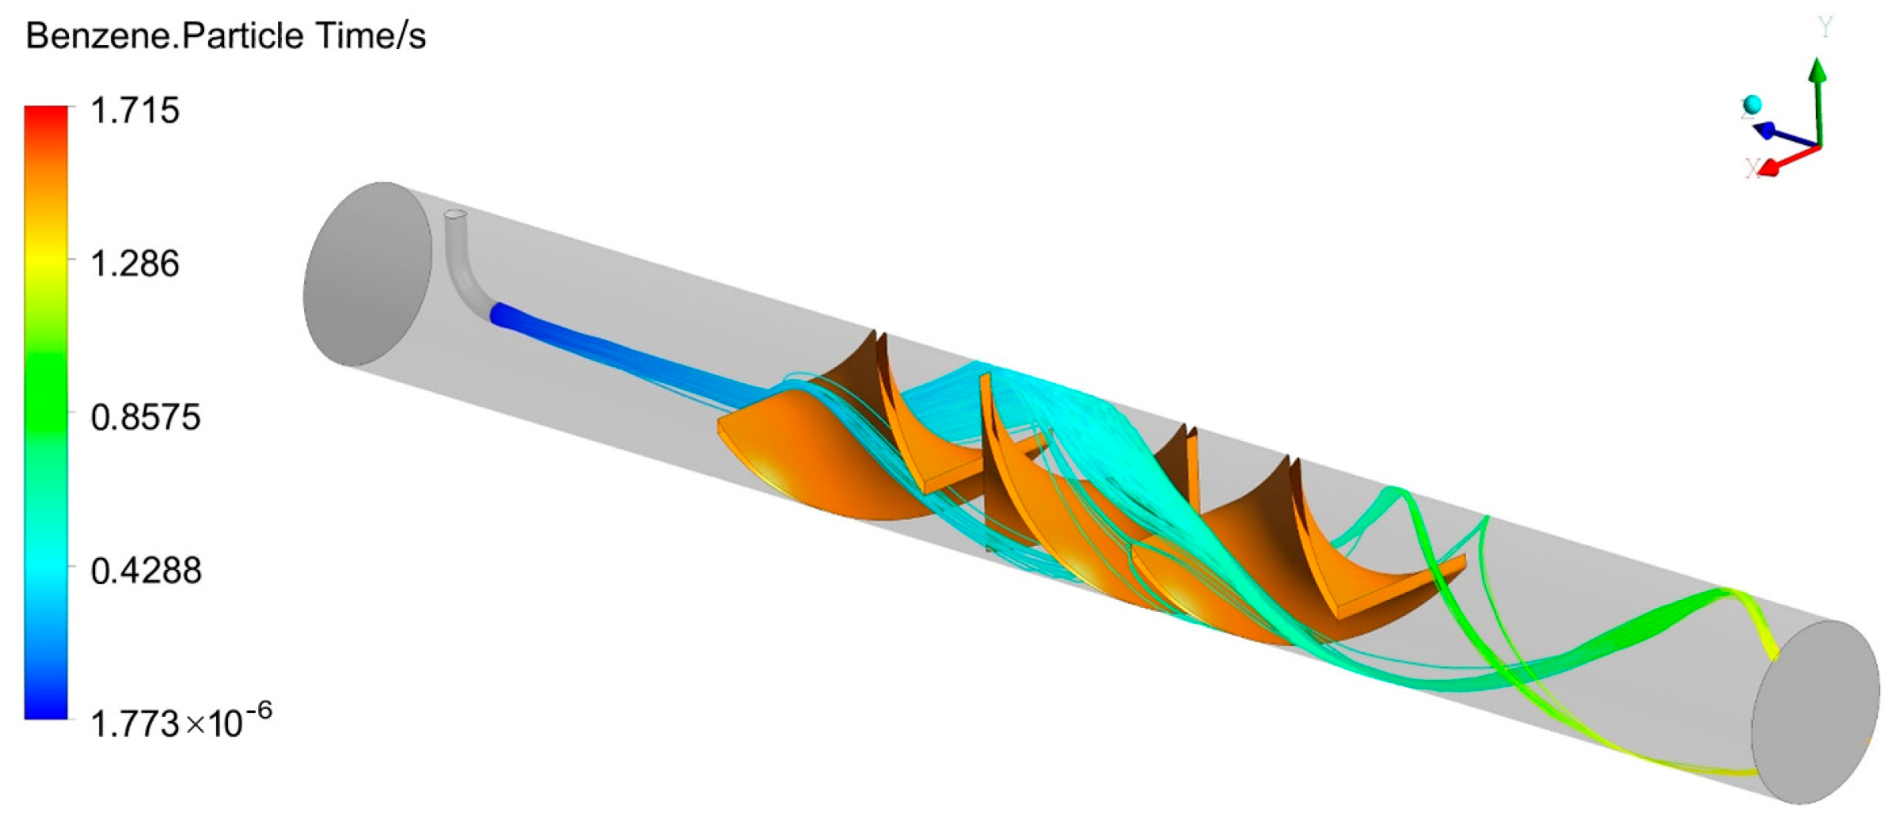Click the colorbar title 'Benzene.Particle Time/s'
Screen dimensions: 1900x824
tap(226, 36)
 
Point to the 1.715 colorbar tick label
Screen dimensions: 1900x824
tap(135, 110)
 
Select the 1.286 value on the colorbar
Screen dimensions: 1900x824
tap(135, 264)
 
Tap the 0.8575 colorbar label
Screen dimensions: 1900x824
tap(146, 417)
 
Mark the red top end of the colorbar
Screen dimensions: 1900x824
tap(46, 115)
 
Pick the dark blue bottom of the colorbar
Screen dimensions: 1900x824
tap(46, 708)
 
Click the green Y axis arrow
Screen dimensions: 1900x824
tap(1819, 103)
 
